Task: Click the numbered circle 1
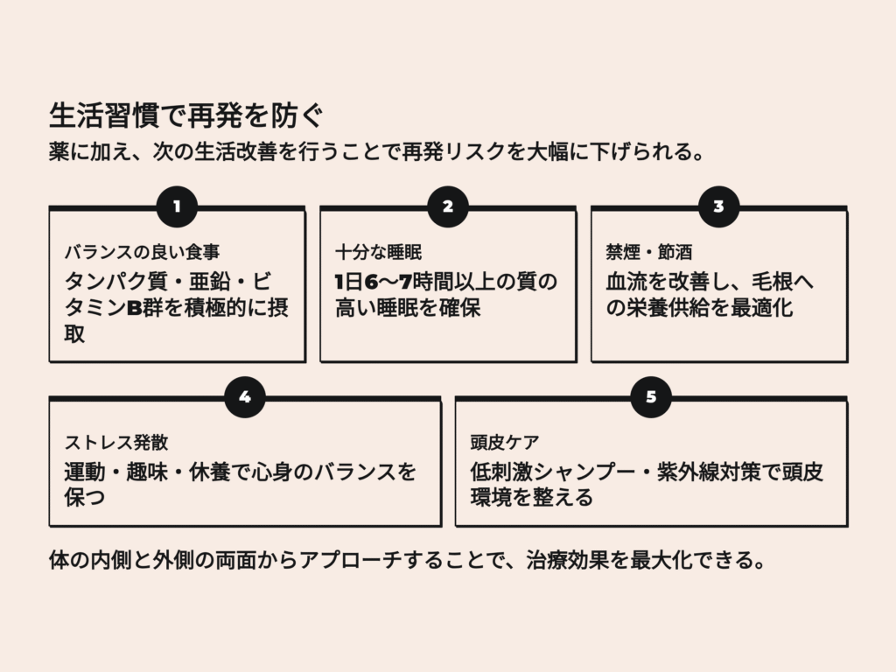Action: pos(177,206)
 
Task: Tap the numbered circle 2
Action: pos(448,206)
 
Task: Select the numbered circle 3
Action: pos(718,206)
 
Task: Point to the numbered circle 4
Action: pos(244,397)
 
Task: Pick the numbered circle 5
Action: pos(651,397)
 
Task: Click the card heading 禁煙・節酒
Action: pos(648,253)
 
